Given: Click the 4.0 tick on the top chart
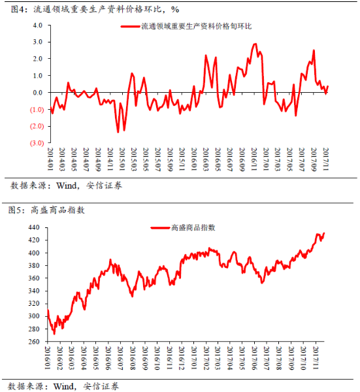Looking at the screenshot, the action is (37, 25).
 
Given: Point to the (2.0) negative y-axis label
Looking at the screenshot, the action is (37, 126).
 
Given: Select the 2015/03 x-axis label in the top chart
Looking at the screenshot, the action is (134, 159).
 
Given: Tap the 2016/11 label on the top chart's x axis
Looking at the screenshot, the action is (254, 159).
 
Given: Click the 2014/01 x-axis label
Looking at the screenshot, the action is (50, 159).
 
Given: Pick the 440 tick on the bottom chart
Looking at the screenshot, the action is (34, 227).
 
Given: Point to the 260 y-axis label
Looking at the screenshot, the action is (34, 342).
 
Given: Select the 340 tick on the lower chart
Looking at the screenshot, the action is (34, 291).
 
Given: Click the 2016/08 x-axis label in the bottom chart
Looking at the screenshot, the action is (133, 358).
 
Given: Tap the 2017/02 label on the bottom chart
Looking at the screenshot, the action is (206, 358).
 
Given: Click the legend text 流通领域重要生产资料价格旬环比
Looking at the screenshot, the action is (197, 26).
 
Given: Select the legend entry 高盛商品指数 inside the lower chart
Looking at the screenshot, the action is (193, 227).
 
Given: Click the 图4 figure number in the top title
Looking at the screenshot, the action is (18, 10).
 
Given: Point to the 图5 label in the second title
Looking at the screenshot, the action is (16, 210).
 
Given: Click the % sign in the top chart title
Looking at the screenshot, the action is (175, 10).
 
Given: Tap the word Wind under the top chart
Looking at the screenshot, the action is (67, 186).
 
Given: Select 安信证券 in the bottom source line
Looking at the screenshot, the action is (101, 386).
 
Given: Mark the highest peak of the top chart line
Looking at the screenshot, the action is (255, 44).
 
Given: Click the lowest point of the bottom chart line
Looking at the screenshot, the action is (54, 334).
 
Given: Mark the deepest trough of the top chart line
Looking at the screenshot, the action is (118, 132).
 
